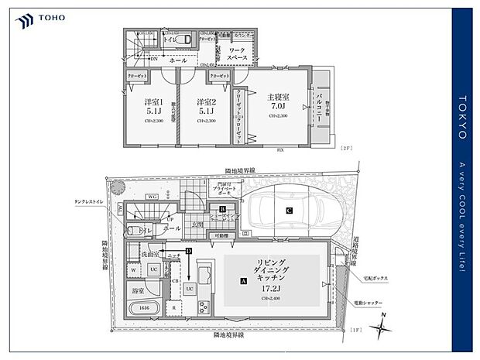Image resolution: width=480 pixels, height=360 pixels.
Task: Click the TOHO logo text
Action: [x=51, y=15]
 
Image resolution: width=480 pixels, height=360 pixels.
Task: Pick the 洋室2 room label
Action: [x=204, y=102]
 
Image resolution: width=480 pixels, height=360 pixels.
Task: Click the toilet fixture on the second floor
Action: [x=184, y=38]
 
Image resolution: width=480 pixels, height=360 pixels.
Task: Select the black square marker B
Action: [x=222, y=209]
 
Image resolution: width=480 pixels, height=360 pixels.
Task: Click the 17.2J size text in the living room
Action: [x=270, y=287]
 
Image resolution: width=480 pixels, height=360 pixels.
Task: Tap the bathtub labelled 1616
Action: [x=144, y=307]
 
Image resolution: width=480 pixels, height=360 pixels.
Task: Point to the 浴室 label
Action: [x=139, y=290]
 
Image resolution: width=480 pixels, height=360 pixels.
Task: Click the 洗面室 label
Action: [x=150, y=254]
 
